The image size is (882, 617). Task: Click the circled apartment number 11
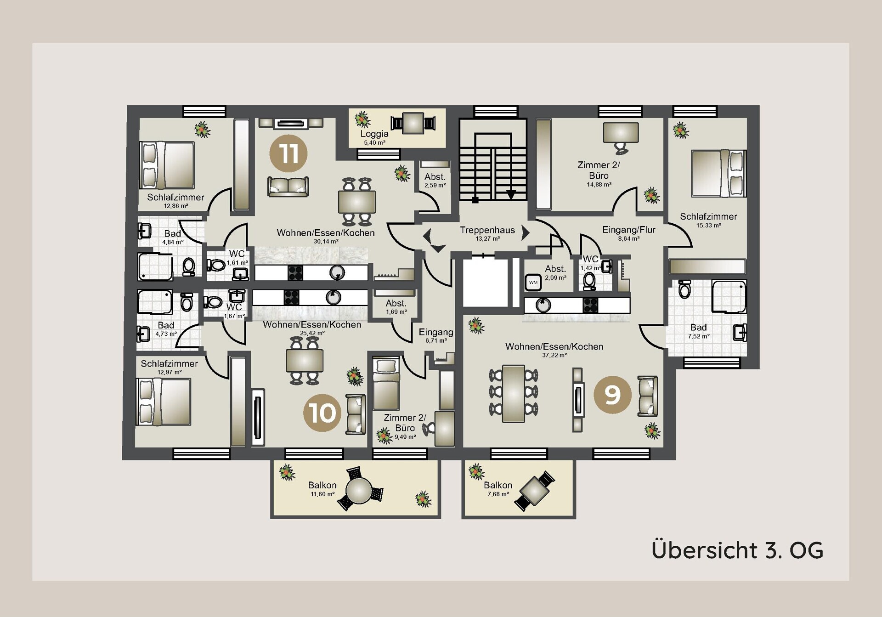(288, 153)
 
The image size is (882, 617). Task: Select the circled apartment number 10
(322, 413)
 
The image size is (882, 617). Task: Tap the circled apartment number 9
(612, 395)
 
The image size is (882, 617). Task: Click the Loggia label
(374, 134)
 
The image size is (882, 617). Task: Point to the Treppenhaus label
(487, 230)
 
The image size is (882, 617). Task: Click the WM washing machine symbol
(533, 282)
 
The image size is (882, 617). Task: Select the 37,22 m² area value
(554, 355)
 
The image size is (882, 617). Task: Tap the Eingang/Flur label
(628, 230)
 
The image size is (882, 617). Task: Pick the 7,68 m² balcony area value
(498, 494)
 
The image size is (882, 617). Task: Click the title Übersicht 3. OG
(737, 550)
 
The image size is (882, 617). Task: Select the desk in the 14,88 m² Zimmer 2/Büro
(621, 132)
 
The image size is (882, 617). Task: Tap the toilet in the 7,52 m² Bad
(684, 289)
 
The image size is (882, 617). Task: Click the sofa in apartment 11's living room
(288, 187)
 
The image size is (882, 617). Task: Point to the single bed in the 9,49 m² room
(386, 384)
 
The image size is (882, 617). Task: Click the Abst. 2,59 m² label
(435, 180)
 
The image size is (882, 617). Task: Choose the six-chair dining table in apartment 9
(514, 393)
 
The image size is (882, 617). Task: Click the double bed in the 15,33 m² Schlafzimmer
(719, 173)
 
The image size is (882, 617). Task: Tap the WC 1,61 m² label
(237, 258)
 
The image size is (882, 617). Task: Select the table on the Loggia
(413, 123)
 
